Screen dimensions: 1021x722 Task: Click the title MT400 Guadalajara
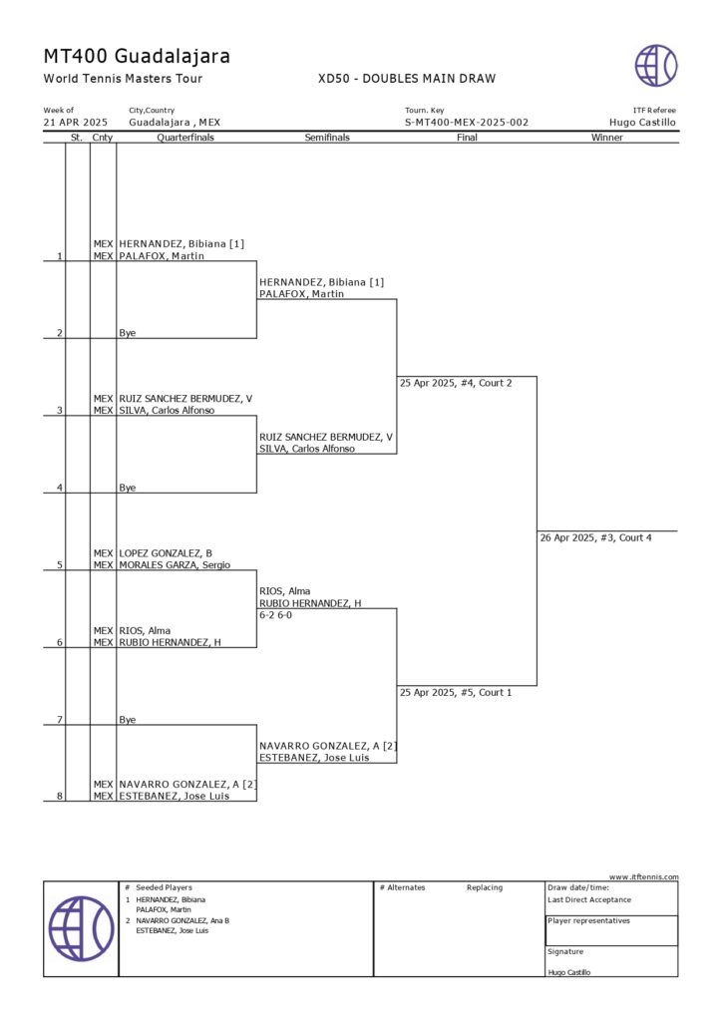click(137, 56)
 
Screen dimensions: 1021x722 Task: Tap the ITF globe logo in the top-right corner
click(656, 65)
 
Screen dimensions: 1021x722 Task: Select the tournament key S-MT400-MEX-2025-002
click(467, 123)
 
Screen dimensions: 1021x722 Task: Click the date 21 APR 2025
click(76, 123)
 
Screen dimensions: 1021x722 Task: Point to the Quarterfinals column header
click(185, 138)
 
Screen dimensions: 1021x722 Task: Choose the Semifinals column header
click(327, 138)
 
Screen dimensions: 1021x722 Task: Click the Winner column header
click(606, 138)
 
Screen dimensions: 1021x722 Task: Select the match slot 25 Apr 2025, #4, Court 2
click(456, 383)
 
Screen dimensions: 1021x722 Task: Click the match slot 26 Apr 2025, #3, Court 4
click(596, 537)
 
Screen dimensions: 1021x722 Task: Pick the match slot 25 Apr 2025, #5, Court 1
click(456, 692)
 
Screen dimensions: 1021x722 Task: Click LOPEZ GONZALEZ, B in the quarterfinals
click(166, 552)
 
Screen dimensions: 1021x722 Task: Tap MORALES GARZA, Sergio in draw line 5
click(175, 564)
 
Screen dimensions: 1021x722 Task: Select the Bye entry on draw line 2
click(127, 333)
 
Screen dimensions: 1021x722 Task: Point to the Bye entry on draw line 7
click(127, 719)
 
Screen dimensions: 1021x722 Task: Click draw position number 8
click(60, 796)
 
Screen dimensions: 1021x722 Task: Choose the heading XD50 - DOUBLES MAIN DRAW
click(407, 79)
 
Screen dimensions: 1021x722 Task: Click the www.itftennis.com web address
click(644, 876)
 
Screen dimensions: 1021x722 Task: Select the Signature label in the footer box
click(565, 951)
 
